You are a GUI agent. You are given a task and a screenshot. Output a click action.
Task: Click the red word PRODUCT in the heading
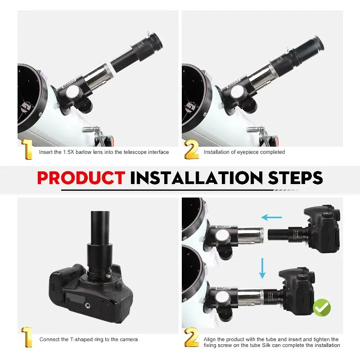click(81, 178)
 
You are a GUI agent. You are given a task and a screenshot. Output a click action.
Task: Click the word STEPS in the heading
click(295, 178)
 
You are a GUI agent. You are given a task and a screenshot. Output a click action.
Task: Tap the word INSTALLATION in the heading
click(196, 178)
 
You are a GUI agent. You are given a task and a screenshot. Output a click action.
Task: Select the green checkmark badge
click(322, 307)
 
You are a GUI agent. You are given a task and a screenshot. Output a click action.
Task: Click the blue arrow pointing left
click(272, 217)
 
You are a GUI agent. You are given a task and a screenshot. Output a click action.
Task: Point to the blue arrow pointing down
click(262, 268)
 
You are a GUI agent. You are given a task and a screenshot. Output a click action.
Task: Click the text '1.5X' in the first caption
click(69, 152)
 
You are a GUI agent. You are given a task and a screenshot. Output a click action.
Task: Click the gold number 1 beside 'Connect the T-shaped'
click(27, 337)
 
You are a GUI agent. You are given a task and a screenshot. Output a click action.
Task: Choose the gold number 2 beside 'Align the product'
click(191, 337)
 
